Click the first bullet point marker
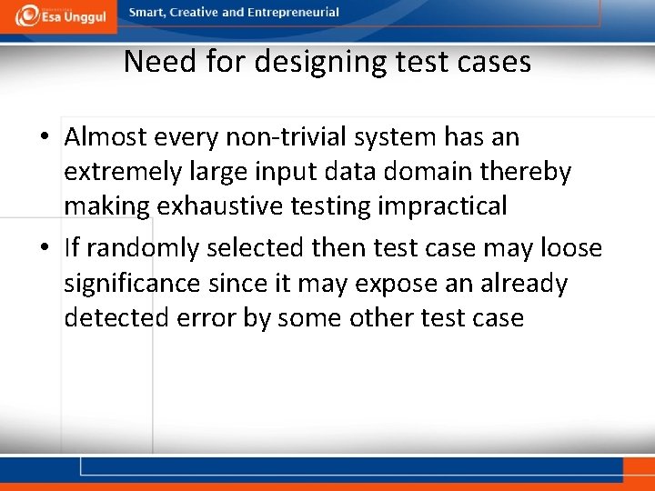(45, 138)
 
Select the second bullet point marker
(45, 248)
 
